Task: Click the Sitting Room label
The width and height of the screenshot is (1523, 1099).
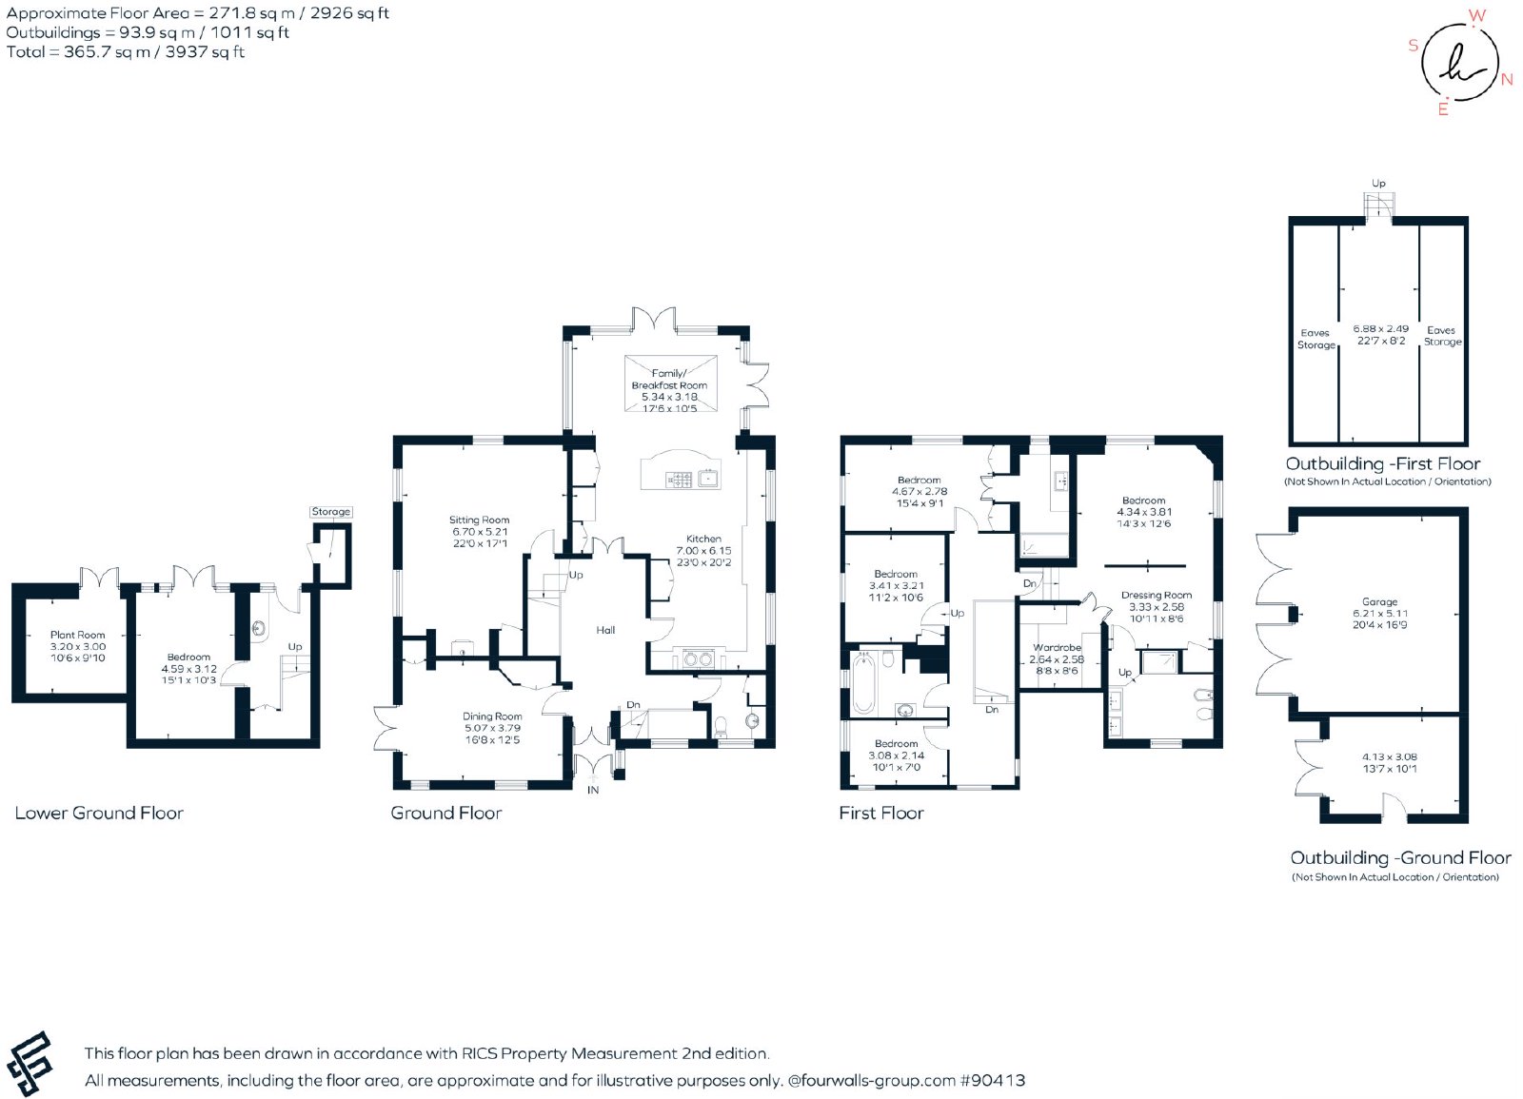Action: pyautogui.click(x=479, y=520)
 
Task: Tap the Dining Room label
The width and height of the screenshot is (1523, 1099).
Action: pyautogui.click(x=492, y=716)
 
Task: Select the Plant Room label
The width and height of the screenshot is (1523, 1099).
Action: pyautogui.click(x=77, y=635)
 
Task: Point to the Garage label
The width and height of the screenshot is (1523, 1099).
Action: pyautogui.click(x=1379, y=601)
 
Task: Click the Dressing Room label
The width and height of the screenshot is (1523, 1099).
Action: pyautogui.click(x=1156, y=596)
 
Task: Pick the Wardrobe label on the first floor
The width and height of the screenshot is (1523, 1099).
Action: pyautogui.click(x=1057, y=648)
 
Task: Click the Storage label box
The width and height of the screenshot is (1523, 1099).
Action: pyautogui.click(x=331, y=511)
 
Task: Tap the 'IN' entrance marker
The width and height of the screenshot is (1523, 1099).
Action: pyautogui.click(x=593, y=790)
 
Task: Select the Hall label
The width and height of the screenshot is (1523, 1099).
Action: pyautogui.click(x=605, y=630)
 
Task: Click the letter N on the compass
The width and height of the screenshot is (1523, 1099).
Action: pyautogui.click(x=1507, y=80)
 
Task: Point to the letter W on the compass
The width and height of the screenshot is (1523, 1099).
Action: pyautogui.click(x=1477, y=15)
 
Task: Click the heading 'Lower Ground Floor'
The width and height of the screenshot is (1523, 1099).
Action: pyautogui.click(x=99, y=813)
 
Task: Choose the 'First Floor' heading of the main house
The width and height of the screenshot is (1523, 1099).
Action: pyautogui.click(x=881, y=813)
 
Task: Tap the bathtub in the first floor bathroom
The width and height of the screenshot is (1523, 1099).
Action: pyautogui.click(x=863, y=683)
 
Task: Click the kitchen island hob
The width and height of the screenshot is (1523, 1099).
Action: pyautogui.click(x=680, y=480)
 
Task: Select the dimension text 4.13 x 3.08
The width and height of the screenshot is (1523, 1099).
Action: pyautogui.click(x=1389, y=756)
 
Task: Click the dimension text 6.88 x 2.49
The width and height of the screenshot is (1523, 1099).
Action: pyautogui.click(x=1380, y=329)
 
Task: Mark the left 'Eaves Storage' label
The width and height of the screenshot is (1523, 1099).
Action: pyautogui.click(x=1315, y=339)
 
